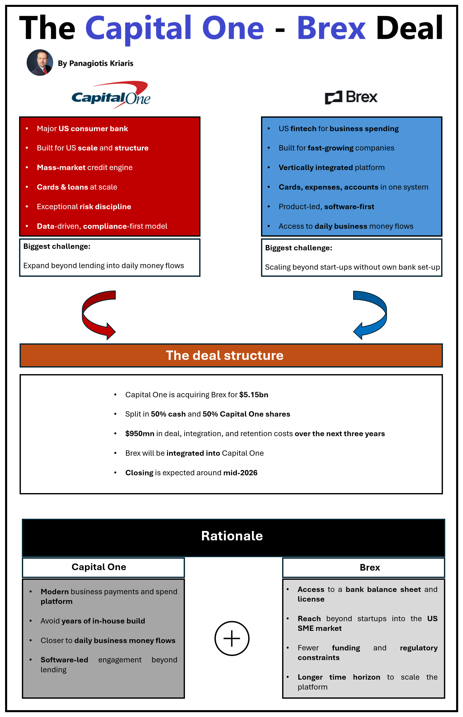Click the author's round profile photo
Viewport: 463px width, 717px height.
pos(40,63)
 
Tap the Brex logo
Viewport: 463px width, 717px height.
pos(351,97)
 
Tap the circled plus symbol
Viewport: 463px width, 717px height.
pos(232,638)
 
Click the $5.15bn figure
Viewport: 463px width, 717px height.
pos(253,395)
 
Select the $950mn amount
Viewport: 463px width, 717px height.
pos(139,434)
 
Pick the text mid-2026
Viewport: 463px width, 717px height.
pos(240,473)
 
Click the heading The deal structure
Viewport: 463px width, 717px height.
pos(225,355)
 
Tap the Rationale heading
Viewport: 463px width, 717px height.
pos(232,536)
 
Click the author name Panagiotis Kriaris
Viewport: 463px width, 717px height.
pos(101,63)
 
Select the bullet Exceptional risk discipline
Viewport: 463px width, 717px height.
pos(84,207)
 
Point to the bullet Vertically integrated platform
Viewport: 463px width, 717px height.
pos(331,167)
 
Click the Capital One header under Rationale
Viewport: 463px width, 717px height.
pos(99,567)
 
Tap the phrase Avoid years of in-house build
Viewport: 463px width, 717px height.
pos(93,621)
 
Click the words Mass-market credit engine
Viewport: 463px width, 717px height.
pos(84,167)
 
